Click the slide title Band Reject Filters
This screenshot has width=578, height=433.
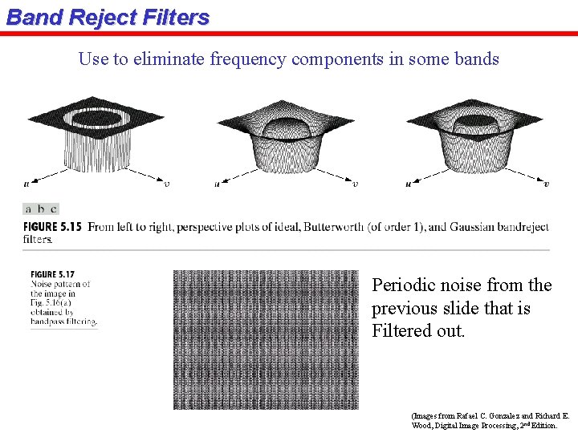coord(108,18)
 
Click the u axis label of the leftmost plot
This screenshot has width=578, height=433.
coord(26,184)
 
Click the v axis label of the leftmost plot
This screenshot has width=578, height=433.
coord(165,184)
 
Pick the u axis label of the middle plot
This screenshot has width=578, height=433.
coord(217,184)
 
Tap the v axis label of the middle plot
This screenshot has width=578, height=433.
coord(355,184)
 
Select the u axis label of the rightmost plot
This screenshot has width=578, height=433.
coord(408,184)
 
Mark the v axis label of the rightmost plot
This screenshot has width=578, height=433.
coord(546,184)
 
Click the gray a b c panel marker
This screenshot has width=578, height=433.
coord(40,208)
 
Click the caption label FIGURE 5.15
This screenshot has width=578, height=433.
coord(53,227)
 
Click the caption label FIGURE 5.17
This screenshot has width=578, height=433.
coord(52,275)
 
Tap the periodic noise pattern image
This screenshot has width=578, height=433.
coord(266,339)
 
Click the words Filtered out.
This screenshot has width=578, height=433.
coord(418,331)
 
